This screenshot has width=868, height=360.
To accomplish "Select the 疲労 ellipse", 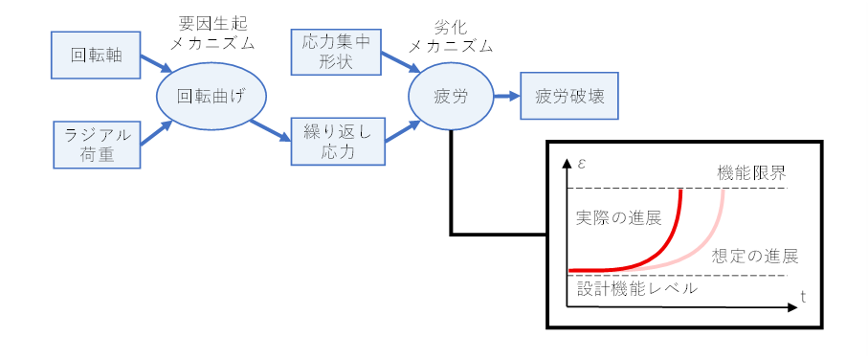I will [x=450, y=97].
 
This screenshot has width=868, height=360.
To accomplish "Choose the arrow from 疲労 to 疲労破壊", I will [x=505, y=97].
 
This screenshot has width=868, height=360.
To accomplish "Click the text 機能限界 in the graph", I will [x=753, y=174].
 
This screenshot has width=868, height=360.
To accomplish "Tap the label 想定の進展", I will [x=755, y=257].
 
